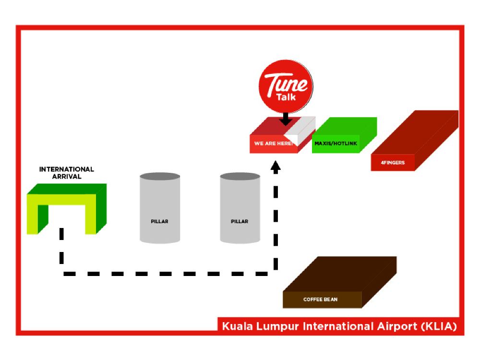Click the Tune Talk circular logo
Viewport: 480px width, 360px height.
(286, 86)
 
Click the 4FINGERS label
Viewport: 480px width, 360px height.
(393, 163)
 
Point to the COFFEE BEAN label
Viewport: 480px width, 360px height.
(320, 300)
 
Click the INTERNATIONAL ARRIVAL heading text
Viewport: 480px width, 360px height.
(66, 173)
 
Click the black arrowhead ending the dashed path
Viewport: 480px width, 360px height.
(276, 167)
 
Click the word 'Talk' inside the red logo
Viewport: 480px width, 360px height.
(286, 96)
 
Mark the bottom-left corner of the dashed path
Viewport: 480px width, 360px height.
(62, 274)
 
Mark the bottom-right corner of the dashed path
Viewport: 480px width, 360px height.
(276, 274)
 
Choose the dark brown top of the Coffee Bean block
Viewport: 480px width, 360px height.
(341, 274)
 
